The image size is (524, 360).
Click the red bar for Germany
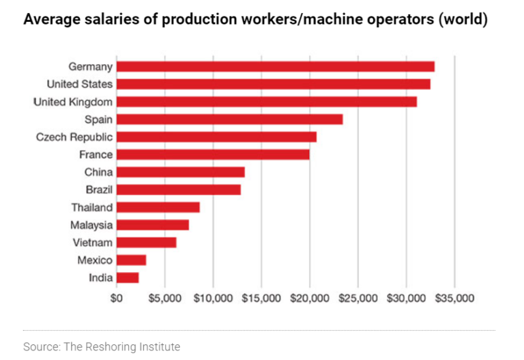click(275, 66)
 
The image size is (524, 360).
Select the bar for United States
click(273, 84)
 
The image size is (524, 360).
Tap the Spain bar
click(229, 119)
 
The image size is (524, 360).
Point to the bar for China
click(180, 172)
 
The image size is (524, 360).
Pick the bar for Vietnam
click(146, 242)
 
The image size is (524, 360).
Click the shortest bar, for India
click(128, 277)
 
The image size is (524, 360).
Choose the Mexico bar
click(131, 260)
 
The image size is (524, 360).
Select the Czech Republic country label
click(74, 137)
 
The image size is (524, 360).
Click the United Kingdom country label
click(73, 102)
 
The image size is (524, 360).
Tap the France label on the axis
click(96, 155)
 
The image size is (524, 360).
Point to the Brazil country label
click(99, 190)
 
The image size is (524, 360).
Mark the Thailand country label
click(92, 207)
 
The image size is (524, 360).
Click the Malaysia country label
click(91, 225)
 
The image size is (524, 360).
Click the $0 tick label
click(117, 298)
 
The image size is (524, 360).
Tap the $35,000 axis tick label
click(454, 298)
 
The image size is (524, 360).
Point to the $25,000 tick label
click(358, 298)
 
